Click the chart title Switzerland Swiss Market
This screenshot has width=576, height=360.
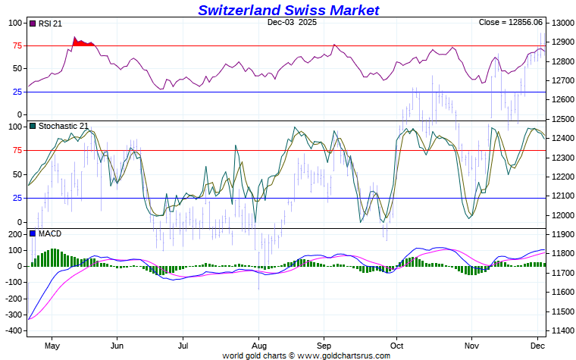pos(288,10)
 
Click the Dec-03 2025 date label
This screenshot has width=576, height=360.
pos(293,23)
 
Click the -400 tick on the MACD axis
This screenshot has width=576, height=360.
pos(14,331)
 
